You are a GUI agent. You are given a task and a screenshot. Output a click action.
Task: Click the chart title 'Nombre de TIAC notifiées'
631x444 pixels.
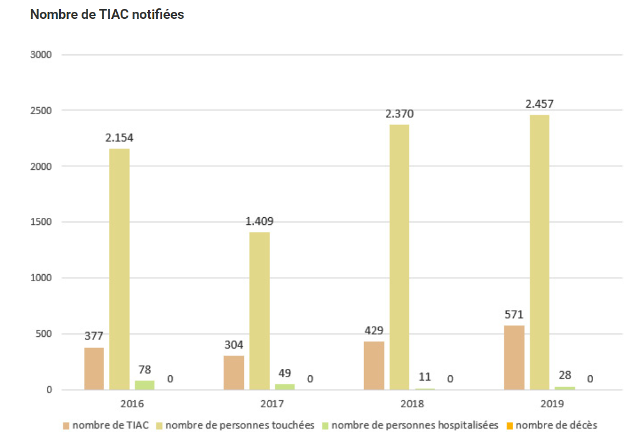[107, 14]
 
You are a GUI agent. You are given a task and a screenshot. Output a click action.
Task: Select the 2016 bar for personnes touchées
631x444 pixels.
[120, 269]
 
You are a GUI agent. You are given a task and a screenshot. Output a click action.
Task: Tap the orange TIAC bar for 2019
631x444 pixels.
[514, 358]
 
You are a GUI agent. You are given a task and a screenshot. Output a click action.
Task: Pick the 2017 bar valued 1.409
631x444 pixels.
[259, 311]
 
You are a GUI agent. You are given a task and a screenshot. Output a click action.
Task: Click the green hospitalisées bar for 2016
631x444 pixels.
[144, 385]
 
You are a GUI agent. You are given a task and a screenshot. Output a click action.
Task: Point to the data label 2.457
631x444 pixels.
[539, 104]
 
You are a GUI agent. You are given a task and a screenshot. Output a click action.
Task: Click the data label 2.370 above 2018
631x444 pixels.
[400, 114]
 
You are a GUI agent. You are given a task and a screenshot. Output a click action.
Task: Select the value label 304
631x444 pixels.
[234, 345]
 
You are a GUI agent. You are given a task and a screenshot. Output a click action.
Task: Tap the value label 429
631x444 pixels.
[374, 330]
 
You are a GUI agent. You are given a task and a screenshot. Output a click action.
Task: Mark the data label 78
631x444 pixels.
[144, 370]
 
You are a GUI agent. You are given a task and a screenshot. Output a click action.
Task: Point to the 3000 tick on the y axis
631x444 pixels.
[41, 55]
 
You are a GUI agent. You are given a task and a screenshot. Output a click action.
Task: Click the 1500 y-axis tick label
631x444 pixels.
[41, 222]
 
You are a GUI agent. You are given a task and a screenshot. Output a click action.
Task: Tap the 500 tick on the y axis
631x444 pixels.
[44, 334]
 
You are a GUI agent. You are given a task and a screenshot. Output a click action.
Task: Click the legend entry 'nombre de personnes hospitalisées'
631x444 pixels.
[415, 425]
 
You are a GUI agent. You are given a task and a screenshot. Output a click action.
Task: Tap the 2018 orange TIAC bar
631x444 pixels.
[374, 365]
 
